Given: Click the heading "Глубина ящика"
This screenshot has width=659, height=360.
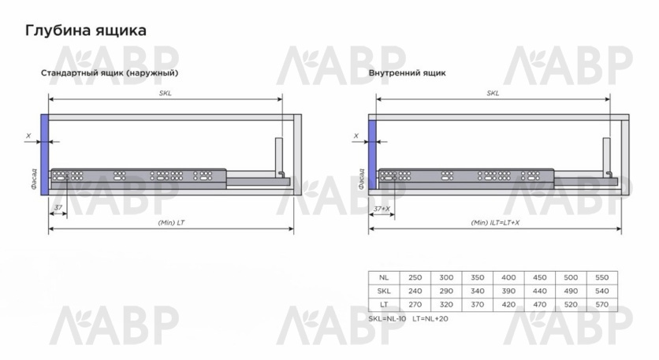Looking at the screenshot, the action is click(x=86, y=31).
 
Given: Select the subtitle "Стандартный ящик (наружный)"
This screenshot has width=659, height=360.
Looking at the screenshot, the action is click(x=110, y=73).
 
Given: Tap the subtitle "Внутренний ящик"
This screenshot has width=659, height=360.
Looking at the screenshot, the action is click(x=407, y=72).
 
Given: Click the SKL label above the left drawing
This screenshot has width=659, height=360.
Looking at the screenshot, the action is click(x=166, y=93).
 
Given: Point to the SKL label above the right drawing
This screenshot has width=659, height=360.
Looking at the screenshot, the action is click(x=493, y=93).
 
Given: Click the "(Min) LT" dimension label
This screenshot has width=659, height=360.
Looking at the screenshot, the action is click(x=171, y=223).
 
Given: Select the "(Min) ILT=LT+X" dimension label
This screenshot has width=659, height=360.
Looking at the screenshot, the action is click(x=495, y=223).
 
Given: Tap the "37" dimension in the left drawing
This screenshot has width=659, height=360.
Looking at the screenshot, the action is click(x=58, y=207).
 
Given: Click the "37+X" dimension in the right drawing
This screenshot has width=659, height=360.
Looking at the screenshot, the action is click(x=382, y=209).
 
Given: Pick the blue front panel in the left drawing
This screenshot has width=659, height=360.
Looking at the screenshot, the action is click(x=45, y=154).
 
